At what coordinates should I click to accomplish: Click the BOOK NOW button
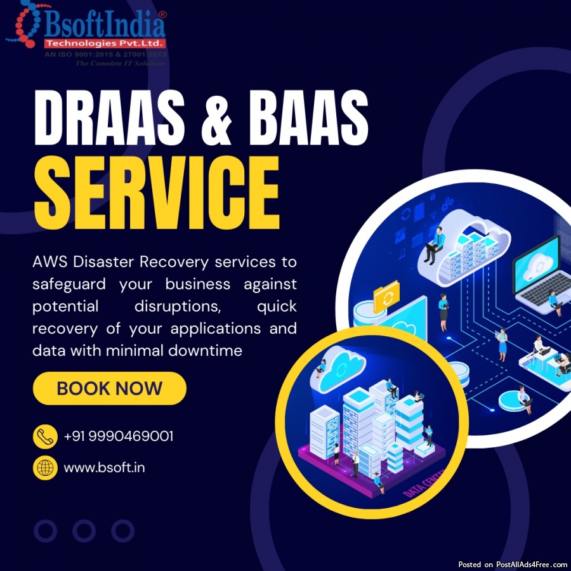[109, 388]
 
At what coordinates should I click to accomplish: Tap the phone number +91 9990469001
[119, 436]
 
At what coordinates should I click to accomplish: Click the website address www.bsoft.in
[104, 468]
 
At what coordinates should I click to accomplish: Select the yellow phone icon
[44, 436]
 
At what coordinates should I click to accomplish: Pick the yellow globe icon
[44, 468]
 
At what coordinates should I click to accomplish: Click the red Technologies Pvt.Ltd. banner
[105, 44]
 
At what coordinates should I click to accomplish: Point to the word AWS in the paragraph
[49, 262]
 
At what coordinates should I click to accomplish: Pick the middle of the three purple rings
[84, 530]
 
